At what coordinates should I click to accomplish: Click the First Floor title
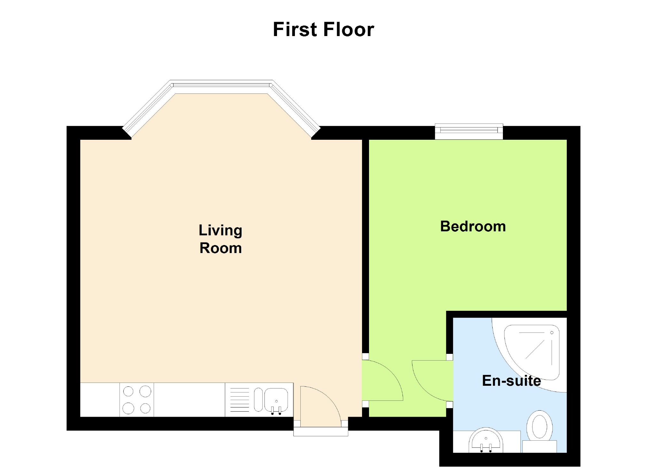click(x=323, y=29)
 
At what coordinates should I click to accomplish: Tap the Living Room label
click(x=220, y=239)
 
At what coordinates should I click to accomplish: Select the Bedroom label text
click(x=473, y=226)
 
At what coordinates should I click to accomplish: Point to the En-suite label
click(x=511, y=380)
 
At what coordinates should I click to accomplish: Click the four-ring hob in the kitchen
click(x=137, y=400)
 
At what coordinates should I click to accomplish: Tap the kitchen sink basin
click(x=276, y=400)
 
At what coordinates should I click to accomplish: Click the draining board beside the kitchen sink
click(x=239, y=400)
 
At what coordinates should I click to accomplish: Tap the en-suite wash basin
click(x=486, y=441)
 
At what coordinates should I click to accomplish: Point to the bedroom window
click(x=469, y=131)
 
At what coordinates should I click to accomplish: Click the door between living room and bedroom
click(x=382, y=380)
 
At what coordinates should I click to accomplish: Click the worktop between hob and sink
click(x=189, y=400)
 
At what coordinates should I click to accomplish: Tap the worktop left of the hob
click(x=100, y=400)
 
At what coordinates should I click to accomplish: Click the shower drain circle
click(x=552, y=333)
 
